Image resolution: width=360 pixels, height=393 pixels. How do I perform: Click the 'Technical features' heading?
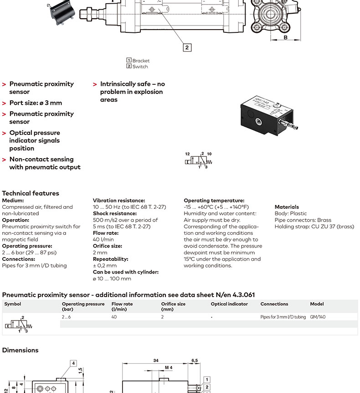click(x=31, y=193)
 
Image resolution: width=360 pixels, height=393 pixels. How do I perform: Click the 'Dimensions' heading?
click(x=21, y=350)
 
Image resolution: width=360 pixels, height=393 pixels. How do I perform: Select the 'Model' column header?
click(x=317, y=304)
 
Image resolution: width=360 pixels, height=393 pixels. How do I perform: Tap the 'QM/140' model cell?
click(x=318, y=317)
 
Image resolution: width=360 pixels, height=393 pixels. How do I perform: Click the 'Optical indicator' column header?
click(x=229, y=304)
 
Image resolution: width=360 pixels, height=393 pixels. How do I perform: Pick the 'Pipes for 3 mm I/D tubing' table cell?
click(x=283, y=317)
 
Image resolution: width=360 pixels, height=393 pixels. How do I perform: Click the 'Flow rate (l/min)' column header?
click(x=122, y=306)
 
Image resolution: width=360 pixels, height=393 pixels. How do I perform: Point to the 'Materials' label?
click(x=287, y=207)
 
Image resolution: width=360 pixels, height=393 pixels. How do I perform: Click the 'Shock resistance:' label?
click(x=115, y=213)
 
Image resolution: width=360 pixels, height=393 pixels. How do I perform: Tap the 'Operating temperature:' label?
click(x=214, y=201)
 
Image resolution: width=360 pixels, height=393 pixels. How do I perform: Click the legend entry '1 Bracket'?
click(x=138, y=61)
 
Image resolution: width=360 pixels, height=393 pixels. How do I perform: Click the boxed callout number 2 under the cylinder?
click(x=187, y=47)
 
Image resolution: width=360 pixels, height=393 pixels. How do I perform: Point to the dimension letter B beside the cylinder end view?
click(x=286, y=37)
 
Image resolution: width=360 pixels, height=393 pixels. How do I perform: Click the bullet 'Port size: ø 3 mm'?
click(x=36, y=103)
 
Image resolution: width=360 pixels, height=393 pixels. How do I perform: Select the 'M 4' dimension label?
click(x=169, y=367)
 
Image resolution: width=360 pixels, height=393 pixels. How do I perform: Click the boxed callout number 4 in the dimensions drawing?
click(x=73, y=363)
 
